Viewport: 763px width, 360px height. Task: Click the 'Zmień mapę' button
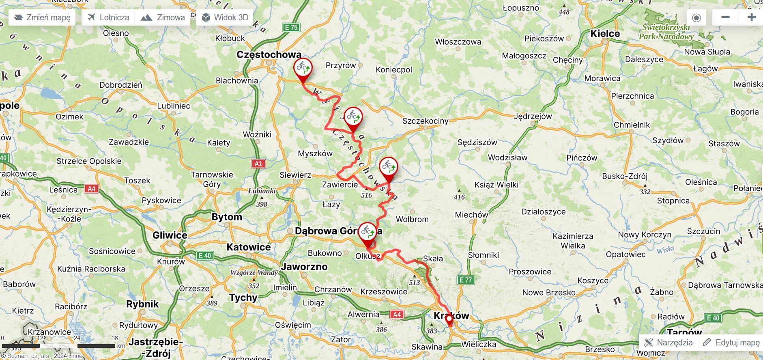coord(42,17)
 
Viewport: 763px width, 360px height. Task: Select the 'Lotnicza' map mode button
coord(109,17)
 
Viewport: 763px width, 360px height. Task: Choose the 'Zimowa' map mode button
coord(163,17)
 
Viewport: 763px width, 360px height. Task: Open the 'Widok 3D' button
coord(225,17)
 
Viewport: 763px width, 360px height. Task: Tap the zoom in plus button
coord(751,17)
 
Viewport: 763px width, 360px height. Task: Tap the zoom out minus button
coord(725,17)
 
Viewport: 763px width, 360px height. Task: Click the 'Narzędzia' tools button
coord(668,342)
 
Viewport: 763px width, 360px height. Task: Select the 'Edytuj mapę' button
coord(731,342)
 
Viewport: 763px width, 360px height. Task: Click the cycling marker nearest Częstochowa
coord(303,68)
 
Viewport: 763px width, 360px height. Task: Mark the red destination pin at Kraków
coord(449,319)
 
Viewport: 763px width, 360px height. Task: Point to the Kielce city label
coord(605,33)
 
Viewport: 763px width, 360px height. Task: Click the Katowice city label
coord(248,247)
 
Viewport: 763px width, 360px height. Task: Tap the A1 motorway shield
coord(258,164)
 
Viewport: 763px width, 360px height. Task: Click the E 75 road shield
coord(291,27)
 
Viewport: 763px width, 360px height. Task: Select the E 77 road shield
coord(466,280)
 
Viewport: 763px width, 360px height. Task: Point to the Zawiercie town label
coord(340,185)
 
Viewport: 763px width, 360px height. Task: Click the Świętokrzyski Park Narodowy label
coord(666,32)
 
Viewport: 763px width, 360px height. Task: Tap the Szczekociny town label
coord(425,121)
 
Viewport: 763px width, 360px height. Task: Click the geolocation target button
coord(696,17)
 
